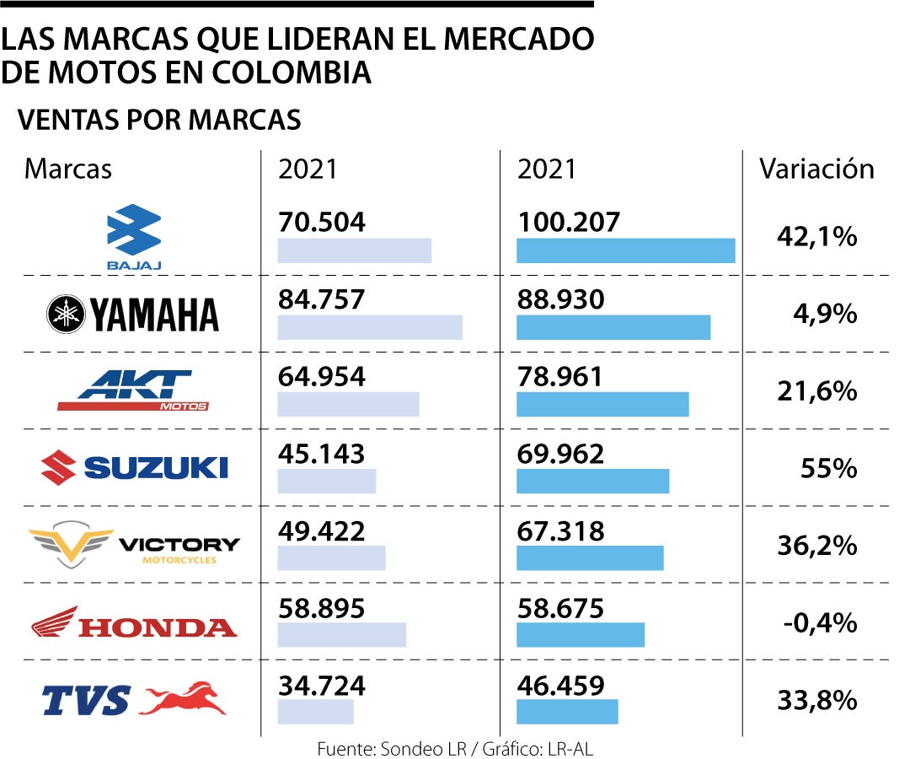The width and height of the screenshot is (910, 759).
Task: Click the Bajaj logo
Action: point(134,235)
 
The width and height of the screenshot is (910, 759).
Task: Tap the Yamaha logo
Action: point(132,315)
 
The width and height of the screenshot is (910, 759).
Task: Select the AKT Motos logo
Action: point(132,390)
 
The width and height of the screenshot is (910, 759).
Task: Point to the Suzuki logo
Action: point(134,466)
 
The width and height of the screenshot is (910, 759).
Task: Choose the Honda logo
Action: point(134,624)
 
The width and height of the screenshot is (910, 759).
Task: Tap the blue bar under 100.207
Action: point(625,250)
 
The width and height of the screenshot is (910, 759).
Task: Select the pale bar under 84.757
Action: point(370,327)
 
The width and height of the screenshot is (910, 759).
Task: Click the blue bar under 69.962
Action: point(592,481)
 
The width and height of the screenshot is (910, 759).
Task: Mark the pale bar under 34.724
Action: point(315,712)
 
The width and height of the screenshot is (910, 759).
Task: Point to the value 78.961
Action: point(560,377)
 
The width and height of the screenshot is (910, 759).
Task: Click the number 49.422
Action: point(322,531)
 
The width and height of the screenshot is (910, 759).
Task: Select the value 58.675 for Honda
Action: point(560,608)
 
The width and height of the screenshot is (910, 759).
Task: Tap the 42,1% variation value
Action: point(816,237)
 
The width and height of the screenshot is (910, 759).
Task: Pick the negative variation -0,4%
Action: point(820,623)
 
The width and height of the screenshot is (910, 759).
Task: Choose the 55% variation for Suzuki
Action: point(828,468)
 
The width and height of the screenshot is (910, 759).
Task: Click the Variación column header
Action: point(816,169)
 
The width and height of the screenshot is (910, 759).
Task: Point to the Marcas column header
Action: point(68,169)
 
